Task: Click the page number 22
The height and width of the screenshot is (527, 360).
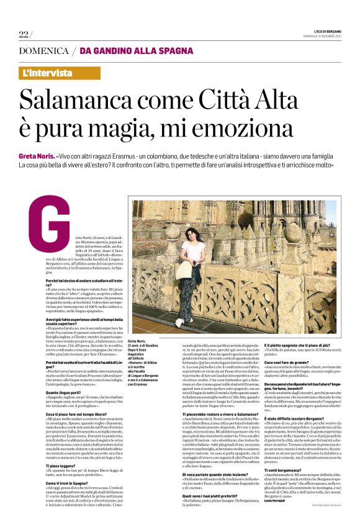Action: coord(23,33)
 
